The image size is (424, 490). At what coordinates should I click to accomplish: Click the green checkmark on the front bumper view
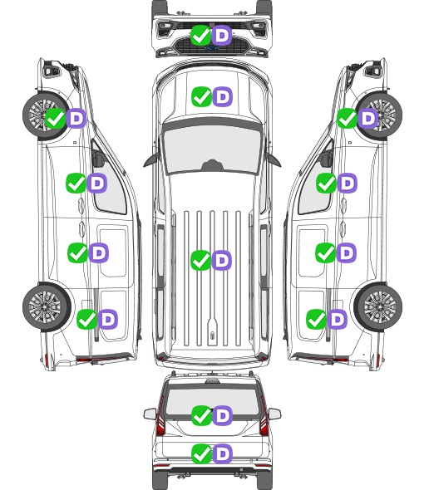[x=200, y=36]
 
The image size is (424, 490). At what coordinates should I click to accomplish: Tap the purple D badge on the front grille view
[x=222, y=36]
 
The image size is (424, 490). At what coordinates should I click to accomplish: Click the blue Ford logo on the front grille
[x=211, y=48]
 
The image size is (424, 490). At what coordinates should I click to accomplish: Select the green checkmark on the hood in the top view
[x=201, y=97]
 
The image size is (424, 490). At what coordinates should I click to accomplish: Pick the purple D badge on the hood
[x=223, y=97]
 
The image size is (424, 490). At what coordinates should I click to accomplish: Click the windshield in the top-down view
[x=212, y=150]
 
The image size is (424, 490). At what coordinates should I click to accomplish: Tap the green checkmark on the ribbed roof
[x=200, y=260]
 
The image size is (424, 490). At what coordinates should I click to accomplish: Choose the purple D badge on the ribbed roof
[x=222, y=260]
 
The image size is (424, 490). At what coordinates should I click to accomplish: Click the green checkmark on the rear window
[x=201, y=415]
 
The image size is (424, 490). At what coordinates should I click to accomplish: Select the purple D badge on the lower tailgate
[x=223, y=453]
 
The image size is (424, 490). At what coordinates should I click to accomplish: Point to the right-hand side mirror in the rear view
[x=274, y=414]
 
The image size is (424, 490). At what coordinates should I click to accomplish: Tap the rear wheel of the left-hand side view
[x=47, y=306]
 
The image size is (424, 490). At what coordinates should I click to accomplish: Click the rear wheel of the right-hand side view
[x=378, y=306]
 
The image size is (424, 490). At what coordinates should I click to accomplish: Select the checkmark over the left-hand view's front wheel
[x=55, y=119]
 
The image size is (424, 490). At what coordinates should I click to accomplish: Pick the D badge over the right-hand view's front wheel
[x=368, y=119]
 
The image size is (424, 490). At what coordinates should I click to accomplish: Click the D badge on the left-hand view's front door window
[x=97, y=183]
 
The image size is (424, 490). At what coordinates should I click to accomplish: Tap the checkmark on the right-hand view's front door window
[x=326, y=183]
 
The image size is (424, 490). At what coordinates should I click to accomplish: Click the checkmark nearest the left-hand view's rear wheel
[x=86, y=320]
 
